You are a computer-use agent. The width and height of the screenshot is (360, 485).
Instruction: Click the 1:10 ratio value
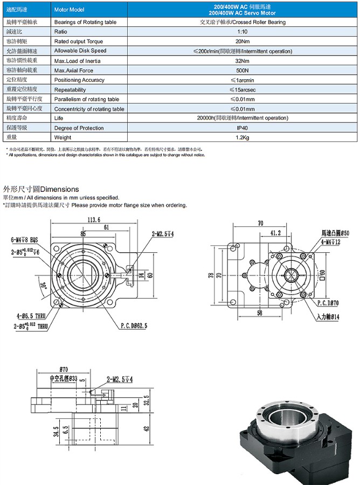pos(242,32)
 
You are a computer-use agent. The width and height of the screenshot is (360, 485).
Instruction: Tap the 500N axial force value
pos(242,71)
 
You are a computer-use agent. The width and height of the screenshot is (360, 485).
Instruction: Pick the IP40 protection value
pos(242,128)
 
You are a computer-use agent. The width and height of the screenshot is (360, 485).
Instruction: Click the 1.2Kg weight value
pos(242,138)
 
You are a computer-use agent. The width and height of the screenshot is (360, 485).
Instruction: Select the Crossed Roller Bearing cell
pos(242,22)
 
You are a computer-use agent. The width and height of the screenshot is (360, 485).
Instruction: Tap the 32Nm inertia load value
pos(242,61)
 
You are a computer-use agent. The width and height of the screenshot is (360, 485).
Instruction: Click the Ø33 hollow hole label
pos(64,378)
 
